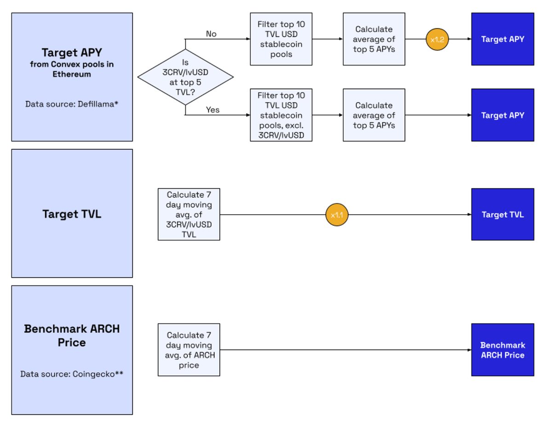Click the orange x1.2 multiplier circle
437,39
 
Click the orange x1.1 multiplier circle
337,215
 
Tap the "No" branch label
211,34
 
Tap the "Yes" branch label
213,110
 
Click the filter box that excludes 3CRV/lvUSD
281,115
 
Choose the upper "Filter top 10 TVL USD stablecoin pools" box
281,39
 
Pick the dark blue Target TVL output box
502,215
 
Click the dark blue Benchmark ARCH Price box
502,350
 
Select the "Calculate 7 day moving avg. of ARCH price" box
189,350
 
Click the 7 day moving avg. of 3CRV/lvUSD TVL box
189,214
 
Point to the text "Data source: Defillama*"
72,104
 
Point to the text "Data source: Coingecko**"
72,374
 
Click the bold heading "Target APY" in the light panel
72,52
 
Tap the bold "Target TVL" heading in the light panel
72,214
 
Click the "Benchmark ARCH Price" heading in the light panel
72,335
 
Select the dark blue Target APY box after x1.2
502,39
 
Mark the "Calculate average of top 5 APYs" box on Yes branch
374,115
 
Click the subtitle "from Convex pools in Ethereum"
72,69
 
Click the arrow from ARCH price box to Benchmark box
345,350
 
